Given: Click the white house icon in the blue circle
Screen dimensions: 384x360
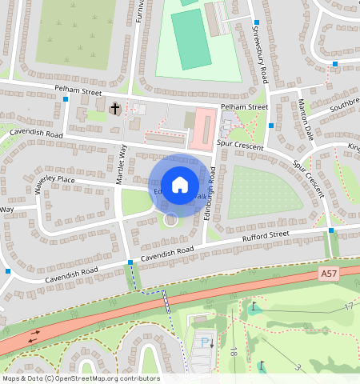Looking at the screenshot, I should (x=180, y=185).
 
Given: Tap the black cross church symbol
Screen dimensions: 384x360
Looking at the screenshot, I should (x=114, y=107).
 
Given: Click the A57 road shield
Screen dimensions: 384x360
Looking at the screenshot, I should (x=328, y=274).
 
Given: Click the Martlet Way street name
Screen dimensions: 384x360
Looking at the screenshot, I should (x=122, y=163).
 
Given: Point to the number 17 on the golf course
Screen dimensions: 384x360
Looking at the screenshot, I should (x=349, y=306).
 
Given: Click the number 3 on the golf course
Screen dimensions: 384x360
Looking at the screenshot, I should (x=298, y=367).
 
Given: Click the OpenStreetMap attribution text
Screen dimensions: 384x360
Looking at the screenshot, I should (x=80, y=378).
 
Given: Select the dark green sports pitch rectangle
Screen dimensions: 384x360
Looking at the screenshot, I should (x=191, y=38).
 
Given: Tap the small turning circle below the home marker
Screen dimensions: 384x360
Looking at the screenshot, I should (x=170, y=218).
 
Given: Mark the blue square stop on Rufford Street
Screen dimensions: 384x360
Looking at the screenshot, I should (x=331, y=230).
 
